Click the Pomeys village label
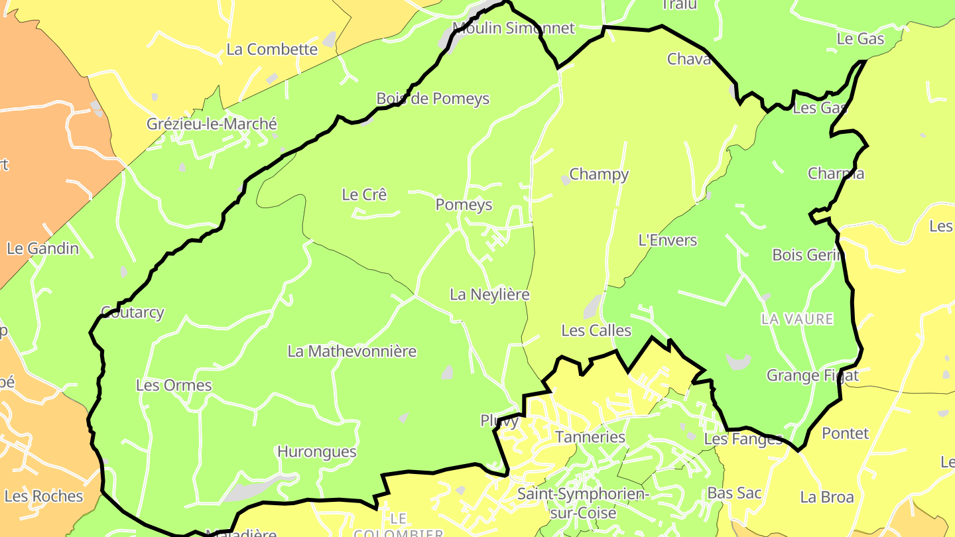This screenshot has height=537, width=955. click(464, 205)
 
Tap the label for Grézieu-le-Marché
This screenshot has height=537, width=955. click(212, 124)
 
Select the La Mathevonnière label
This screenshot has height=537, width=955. click(351, 351)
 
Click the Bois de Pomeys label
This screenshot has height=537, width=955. click(432, 99)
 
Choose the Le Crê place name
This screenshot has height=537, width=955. click(364, 195)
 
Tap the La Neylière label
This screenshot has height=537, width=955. click(489, 294)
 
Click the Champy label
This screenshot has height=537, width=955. click(599, 174)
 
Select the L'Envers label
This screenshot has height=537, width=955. click(667, 240)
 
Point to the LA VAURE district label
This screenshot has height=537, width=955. click(797, 320)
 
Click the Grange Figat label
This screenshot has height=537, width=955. click(812, 376)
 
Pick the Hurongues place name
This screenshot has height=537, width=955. click(316, 452)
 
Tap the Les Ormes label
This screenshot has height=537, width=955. click(174, 385)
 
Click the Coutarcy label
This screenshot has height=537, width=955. click(132, 312)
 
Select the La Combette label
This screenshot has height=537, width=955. click(272, 49)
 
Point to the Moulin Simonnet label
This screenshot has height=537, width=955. click(513, 28)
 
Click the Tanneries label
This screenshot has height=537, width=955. click(590, 437)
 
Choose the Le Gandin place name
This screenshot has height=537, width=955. click(42, 249)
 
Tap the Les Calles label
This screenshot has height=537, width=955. click(596, 330)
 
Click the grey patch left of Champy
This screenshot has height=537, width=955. click(566, 179)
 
